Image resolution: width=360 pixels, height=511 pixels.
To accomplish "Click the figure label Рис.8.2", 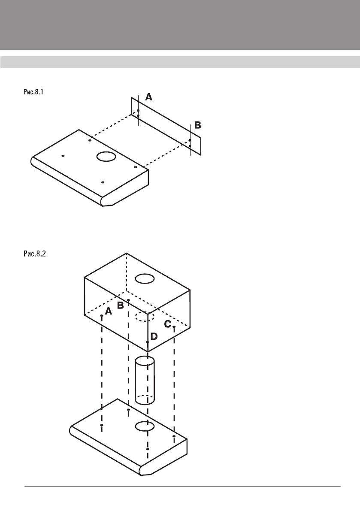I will coord(34,254).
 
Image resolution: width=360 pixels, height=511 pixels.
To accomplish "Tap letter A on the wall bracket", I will coord(148,97).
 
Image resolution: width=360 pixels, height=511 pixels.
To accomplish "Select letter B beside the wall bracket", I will coord(198,125).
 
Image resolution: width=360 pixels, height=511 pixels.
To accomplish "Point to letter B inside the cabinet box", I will coord(121,305).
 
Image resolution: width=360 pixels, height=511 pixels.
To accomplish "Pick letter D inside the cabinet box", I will coord(154,337).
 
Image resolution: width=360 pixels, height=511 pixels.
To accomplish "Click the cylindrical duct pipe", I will coord(145,380).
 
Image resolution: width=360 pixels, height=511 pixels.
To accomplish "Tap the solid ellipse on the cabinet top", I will coord(145,279).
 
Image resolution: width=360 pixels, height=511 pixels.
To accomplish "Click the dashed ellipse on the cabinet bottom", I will coord(145,317).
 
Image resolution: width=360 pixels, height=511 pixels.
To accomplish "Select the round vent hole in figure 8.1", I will coord(106,157).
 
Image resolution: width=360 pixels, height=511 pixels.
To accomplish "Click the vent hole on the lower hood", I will coord(145,426).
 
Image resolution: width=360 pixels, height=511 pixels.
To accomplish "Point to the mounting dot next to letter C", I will coord(174,327).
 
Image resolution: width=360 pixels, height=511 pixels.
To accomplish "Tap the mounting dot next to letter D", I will coord(148,342).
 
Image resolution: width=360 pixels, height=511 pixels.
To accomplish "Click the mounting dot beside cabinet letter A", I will coord(101,316).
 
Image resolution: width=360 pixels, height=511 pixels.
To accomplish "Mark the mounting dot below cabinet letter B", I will coord(128,300).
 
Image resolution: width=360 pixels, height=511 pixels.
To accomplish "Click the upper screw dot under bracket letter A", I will coord(138,110).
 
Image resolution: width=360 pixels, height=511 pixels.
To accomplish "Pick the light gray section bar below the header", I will coord(180,62).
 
